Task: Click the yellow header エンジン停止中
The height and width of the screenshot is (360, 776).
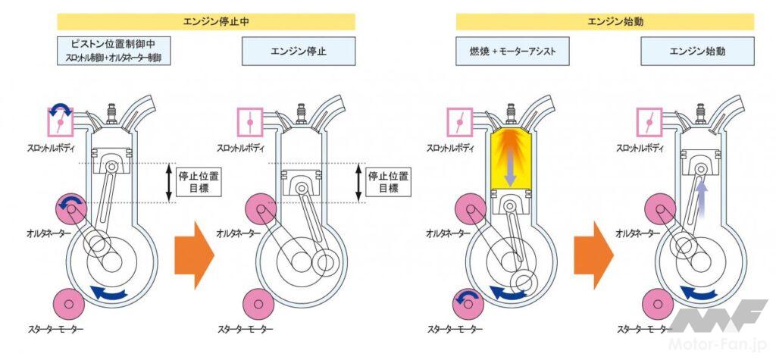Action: [205, 22]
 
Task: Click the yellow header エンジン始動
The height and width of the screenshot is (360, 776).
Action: [604, 22]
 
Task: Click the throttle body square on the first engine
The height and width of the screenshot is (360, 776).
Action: [59, 120]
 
